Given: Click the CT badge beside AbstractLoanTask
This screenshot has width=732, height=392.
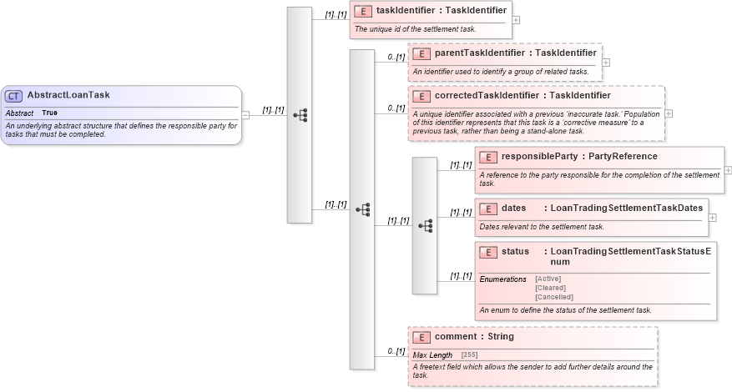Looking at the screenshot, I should pyautogui.click(x=14, y=95).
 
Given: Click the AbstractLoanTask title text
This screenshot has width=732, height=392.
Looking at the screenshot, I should pyautogui.click(x=68, y=95).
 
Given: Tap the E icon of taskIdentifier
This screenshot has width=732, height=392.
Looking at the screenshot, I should pyautogui.click(x=363, y=11).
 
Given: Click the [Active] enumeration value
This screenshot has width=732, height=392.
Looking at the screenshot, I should pyautogui.click(x=548, y=279).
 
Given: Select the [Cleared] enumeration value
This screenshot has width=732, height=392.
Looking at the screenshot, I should pyautogui.click(x=551, y=288).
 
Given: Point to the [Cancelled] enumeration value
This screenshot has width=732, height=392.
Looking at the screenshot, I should pyautogui.click(x=554, y=297).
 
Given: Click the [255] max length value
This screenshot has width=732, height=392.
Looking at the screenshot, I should pyautogui.click(x=469, y=355).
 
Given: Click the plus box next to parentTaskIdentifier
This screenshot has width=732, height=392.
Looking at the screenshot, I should pyautogui.click(x=606, y=62).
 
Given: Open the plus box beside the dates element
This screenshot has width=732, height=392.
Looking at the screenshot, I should pyautogui.click(x=712, y=218).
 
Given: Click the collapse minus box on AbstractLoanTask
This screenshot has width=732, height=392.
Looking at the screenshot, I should pyautogui.click(x=245, y=115).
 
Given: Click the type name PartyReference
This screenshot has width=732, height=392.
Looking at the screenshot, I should pyautogui.click(x=623, y=156).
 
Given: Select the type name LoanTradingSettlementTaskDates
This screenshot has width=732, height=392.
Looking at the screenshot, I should pyautogui.click(x=627, y=208).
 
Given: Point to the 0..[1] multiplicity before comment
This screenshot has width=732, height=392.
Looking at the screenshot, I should pyautogui.click(x=396, y=351).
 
